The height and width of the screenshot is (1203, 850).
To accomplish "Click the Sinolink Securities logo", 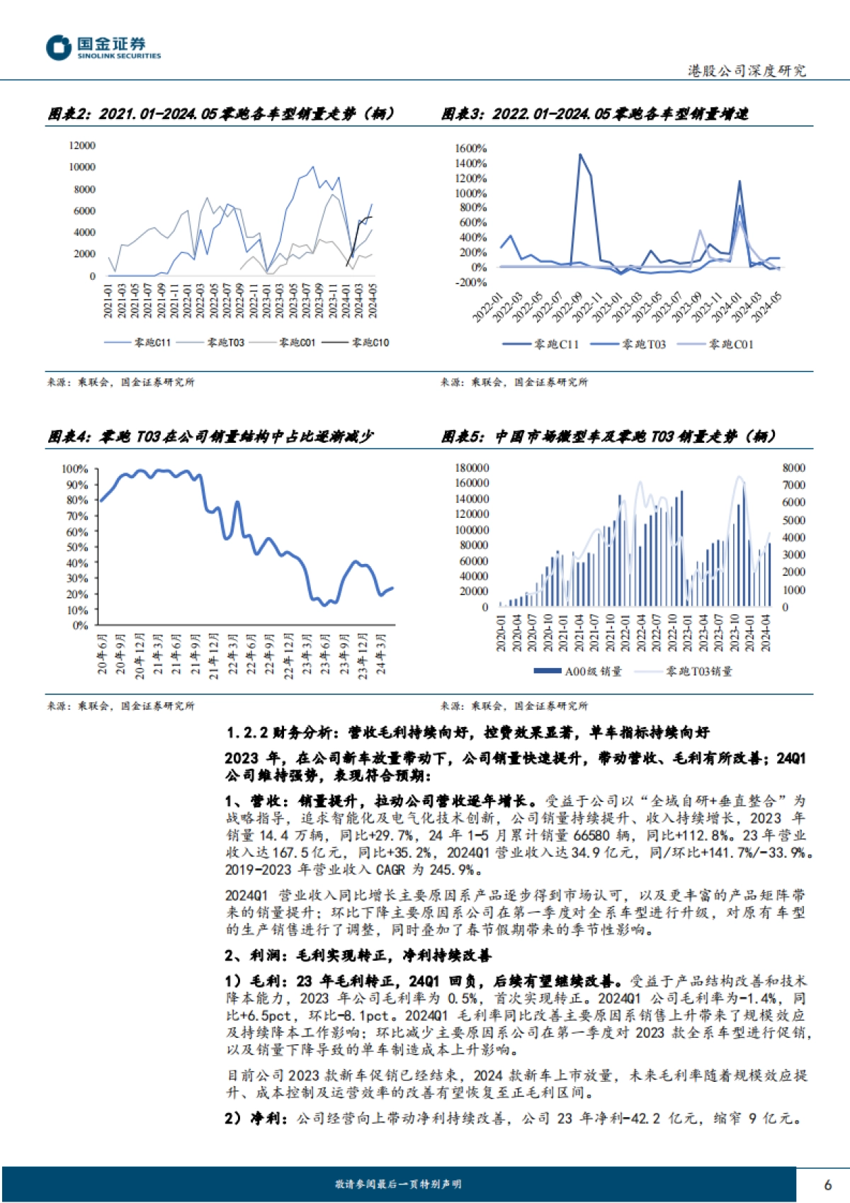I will pos(103,48).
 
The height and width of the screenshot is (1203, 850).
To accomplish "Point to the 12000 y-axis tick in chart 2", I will pos(82,145).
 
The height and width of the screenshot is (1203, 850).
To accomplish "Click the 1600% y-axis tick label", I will pos(471,148).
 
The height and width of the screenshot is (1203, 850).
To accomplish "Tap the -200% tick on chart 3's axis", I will pos(471,282).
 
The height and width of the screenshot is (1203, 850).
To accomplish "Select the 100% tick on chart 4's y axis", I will pos(75,469).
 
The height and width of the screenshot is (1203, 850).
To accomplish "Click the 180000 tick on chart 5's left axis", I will pos(472,468).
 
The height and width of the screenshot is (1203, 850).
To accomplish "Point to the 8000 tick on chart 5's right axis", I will pos(793,468).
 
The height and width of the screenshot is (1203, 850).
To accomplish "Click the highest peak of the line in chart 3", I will pos(580,154).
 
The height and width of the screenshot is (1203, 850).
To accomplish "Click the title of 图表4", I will pos(210,436).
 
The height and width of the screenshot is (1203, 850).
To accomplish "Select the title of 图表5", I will pos(608,436).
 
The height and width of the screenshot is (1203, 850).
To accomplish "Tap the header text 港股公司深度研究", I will pos(747,71).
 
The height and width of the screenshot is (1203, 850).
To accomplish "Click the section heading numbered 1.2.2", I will pos(467,733).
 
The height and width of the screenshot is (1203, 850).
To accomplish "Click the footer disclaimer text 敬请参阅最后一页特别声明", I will pos(398,1184).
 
